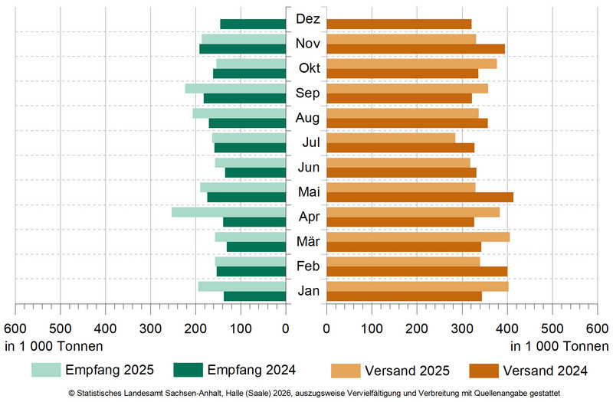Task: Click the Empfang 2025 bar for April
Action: pos(229,212)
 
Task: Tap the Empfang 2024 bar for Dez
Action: pos(254,25)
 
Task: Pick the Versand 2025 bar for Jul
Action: pos(391,138)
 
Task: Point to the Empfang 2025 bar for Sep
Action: pos(236,88)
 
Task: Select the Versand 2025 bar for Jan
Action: pos(418,286)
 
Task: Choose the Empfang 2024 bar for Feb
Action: pos(252,271)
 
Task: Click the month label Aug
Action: pos(307,118)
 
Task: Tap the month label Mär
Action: pos(307,242)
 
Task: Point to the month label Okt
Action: pos(307,68)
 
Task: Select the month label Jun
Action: pos(307,168)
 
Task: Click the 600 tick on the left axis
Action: pos(15,328)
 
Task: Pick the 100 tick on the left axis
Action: pos(241,328)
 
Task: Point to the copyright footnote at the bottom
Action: pos(306,393)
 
